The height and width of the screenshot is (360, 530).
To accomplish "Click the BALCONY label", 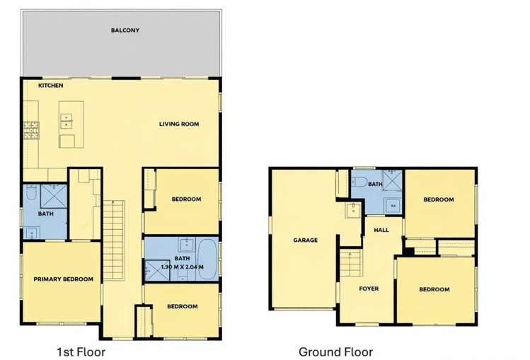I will (125, 30).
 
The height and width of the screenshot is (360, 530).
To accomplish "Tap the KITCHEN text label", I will (51, 86).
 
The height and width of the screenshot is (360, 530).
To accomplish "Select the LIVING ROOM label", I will (179, 124).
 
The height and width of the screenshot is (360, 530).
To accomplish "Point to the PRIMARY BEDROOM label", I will (64, 279).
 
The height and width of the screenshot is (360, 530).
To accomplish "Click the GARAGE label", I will (305, 240).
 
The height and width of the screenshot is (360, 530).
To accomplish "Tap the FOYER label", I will (369, 289).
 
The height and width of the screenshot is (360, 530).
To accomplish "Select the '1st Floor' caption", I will (81, 351).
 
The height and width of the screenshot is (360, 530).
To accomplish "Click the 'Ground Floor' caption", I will (335, 352).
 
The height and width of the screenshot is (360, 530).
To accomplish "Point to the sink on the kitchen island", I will (66, 120).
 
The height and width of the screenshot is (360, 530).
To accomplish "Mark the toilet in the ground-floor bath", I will (359, 182).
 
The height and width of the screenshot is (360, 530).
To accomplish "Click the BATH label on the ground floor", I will (375, 185).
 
